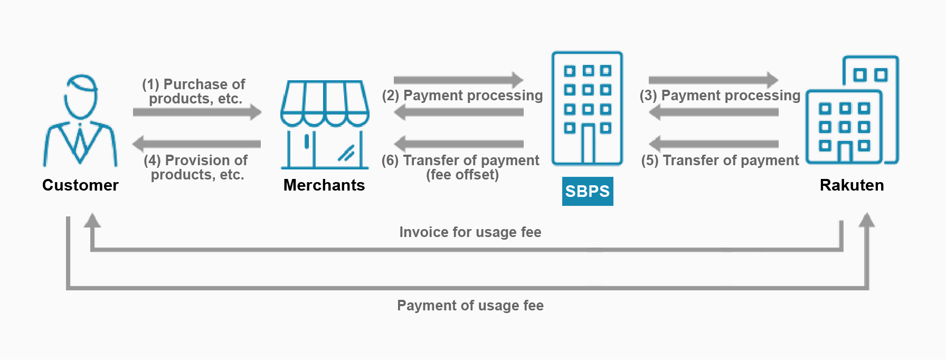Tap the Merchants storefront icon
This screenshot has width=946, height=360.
(325, 125)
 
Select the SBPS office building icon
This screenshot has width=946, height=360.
(587, 108)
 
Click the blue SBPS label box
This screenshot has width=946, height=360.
(588, 191)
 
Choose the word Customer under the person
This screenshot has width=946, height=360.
(80, 185)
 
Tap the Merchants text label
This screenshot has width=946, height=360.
(324, 185)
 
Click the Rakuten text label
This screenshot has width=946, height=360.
(852, 185)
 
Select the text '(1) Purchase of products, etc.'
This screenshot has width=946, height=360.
(194, 91)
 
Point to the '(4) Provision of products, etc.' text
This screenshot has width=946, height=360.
(196, 167)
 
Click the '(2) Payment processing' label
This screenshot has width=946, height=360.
(462, 96)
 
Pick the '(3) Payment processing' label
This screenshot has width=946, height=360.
(720, 96)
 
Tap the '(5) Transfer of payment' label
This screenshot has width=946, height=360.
(720, 160)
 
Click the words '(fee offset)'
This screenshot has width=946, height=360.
(462, 175)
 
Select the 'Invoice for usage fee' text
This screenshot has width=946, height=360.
(470, 232)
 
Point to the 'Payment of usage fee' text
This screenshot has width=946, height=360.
(470, 306)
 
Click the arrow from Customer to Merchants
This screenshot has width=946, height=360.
(197, 112)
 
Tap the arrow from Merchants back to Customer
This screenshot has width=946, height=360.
(196, 144)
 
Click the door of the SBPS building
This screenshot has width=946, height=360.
(588, 144)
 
